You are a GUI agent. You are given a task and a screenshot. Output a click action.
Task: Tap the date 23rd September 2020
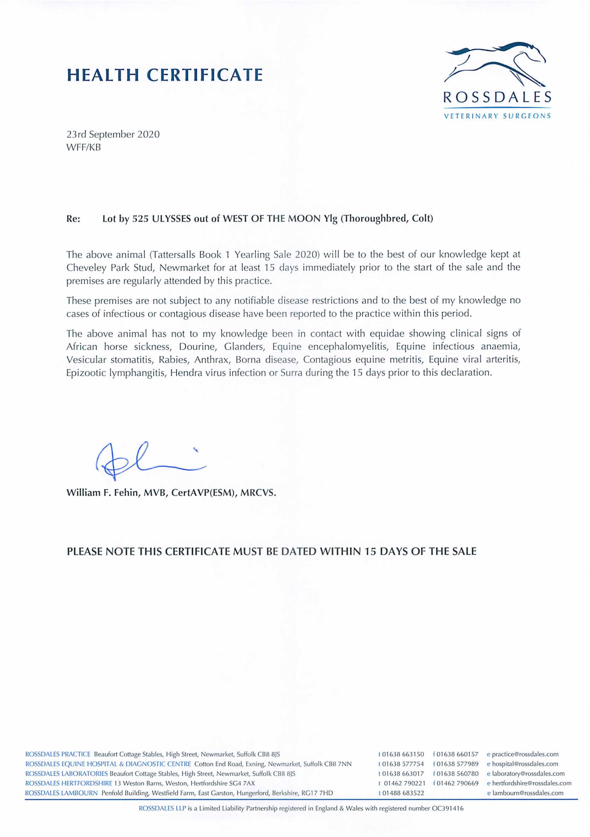[113, 135]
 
